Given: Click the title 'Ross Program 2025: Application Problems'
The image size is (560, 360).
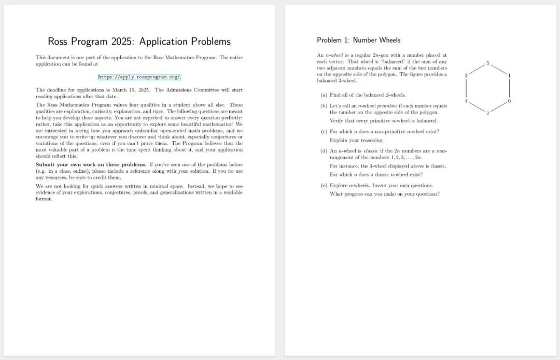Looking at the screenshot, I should click(139, 41).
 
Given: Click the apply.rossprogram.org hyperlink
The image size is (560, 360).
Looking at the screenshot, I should click(139, 77).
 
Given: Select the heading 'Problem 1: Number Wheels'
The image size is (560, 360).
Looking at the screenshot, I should click(358, 40).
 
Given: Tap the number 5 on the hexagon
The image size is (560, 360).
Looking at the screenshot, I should click(487, 63).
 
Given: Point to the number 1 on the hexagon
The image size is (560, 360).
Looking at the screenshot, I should click(509, 76).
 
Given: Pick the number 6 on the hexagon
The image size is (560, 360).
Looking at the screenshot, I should click(509, 101).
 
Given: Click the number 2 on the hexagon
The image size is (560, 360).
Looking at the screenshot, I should click(487, 113).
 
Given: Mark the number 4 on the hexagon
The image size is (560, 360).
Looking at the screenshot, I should click(466, 101).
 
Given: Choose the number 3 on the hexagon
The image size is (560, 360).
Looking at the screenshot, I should click(466, 76).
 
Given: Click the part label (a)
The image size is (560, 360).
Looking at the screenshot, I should click(324, 95).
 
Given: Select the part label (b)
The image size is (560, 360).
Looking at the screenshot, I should click(324, 106).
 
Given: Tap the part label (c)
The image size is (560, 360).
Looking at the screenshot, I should click(324, 131).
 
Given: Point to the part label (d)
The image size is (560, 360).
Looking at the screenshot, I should click(324, 151).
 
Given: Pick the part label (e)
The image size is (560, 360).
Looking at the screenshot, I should click(324, 185).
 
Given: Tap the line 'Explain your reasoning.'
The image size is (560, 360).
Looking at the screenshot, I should click(357, 140).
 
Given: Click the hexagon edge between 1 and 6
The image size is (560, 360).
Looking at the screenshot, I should click(509, 88).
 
